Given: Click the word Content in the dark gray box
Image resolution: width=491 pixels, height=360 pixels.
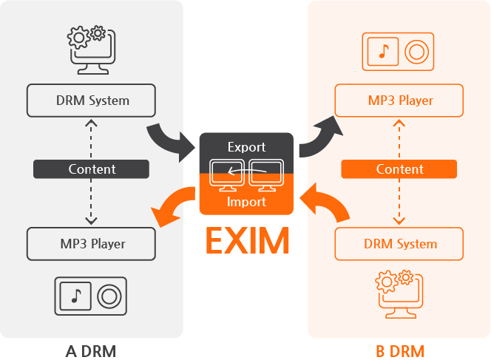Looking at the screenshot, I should (92, 169).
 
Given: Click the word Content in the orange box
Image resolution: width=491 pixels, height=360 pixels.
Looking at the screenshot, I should (399, 169).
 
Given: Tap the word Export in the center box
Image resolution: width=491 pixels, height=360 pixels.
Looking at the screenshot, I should (246, 147).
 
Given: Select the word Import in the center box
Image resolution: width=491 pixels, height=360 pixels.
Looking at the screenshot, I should (246, 201).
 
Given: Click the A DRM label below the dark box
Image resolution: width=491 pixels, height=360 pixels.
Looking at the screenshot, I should (91, 350).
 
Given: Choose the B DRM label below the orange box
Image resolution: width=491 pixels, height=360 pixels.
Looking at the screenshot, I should (399, 350).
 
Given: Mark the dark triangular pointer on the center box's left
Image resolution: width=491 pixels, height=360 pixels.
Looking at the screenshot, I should (189, 146).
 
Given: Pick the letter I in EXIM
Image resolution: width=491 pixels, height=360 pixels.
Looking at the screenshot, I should (254, 241).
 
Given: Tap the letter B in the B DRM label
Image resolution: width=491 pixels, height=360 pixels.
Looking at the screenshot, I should (380, 350).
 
